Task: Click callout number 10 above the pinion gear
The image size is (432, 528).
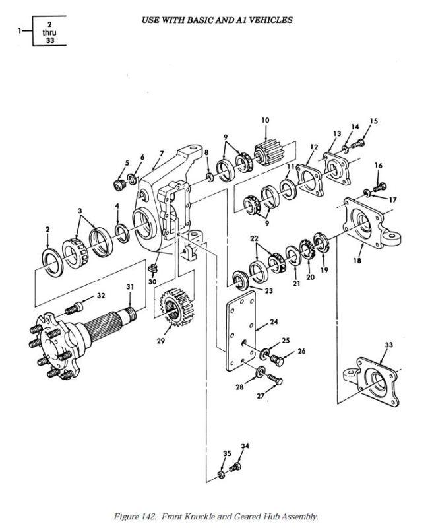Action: pos(265,120)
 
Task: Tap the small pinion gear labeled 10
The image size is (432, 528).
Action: pos(269,154)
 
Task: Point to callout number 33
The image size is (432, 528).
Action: pos(388,345)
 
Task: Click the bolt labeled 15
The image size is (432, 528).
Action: pos(358,143)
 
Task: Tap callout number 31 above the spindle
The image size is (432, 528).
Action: pos(130,286)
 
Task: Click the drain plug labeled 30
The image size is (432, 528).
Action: pos(153,268)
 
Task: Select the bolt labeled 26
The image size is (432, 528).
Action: pos(276,360)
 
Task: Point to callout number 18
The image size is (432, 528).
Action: pos(357,260)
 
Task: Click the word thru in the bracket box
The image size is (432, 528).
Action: pos(49,32)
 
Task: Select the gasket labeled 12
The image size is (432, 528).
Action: pos(310,180)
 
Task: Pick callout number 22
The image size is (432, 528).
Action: pos(254,238)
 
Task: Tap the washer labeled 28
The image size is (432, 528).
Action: pos(261,372)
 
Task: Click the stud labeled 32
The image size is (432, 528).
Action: pos(74,308)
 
